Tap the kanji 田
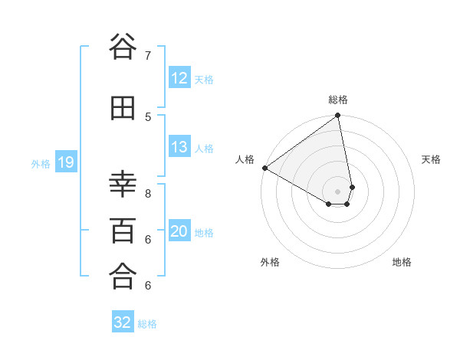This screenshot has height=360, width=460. [x=123, y=109]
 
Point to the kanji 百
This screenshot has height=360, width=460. [x=123, y=231]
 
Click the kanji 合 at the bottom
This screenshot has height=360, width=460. [x=123, y=277]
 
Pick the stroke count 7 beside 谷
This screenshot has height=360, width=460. [x=148, y=55]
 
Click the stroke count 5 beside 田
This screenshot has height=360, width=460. [x=148, y=116]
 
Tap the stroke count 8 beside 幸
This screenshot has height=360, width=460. [x=148, y=193]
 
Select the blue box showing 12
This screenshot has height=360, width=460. [x=179, y=78]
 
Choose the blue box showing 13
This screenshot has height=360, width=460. [x=179, y=147]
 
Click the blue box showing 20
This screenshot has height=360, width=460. [x=179, y=231]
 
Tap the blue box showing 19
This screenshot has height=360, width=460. [x=65, y=162]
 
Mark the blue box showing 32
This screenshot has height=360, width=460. [x=123, y=322]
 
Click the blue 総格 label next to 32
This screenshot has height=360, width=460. [x=147, y=324]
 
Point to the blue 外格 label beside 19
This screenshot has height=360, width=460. [x=41, y=163]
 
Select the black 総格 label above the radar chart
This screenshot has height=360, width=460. [x=338, y=100]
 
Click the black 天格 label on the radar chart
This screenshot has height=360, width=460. [x=431, y=159]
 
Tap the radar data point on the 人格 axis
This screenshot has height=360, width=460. [x=264, y=168]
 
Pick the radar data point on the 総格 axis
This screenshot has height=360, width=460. [x=338, y=116]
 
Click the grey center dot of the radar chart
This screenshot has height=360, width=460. [x=338, y=191]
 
